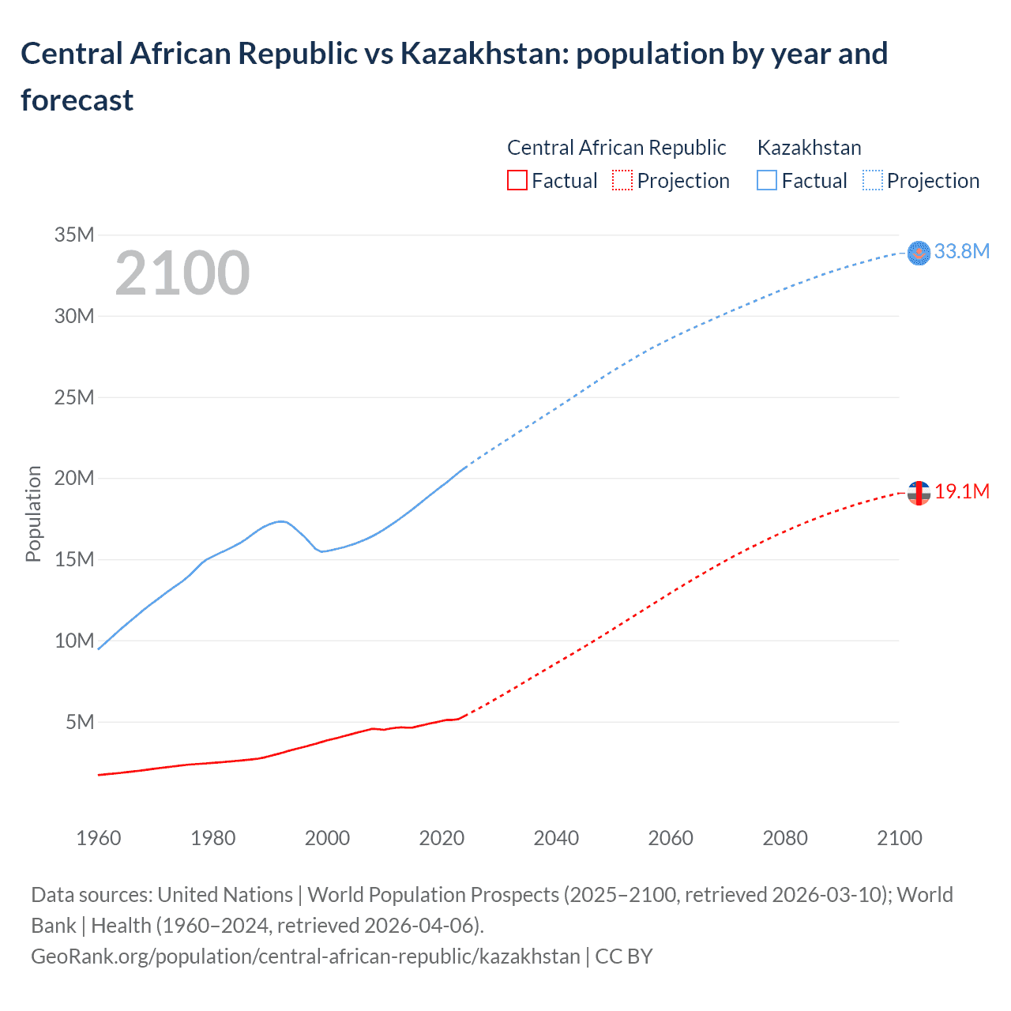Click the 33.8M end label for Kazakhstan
[961, 251]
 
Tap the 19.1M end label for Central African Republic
[961, 491]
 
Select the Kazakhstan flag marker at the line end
[919, 253]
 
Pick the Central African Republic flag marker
[919, 493]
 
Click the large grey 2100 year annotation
[182, 273]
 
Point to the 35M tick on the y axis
[74, 235]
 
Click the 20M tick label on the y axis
[74, 478]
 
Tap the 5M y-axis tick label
[80, 722]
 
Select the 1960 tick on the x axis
[99, 838]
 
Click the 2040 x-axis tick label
[556, 838]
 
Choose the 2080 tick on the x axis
[785, 838]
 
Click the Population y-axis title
[33, 513]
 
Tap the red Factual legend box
[517, 181]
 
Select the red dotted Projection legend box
[622, 181]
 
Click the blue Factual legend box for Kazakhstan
[767, 181]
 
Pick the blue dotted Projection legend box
[873, 181]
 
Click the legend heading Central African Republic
[616, 148]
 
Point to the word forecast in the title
[77, 100]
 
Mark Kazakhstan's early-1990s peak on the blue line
[280, 521]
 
